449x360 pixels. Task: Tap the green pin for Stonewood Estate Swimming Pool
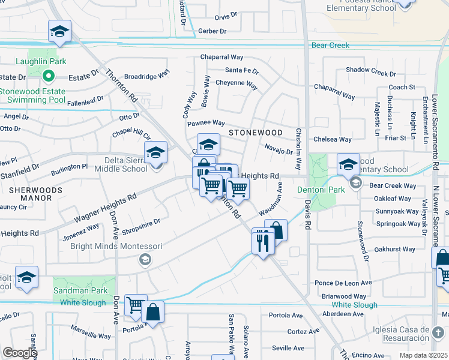(x=50, y=76)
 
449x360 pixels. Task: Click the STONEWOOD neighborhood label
(x=255, y=132)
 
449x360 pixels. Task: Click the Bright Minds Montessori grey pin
(x=144, y=259)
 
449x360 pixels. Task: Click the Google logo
(x=20, y=353)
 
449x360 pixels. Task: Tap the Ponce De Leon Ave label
(x=343, y=283)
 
